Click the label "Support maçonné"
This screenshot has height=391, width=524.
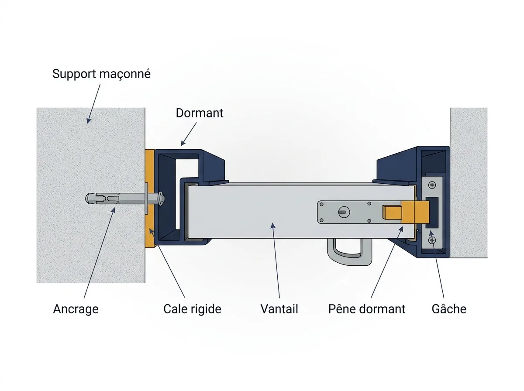click(x=101, y=74)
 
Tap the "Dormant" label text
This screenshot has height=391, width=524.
click(x=200, y=113)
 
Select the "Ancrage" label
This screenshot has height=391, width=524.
click(x=76, y=309)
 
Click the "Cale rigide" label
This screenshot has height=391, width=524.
click(x=193, y=309)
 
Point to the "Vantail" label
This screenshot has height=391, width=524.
click(x=279, y=309)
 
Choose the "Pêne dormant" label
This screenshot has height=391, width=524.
click(x=367, y=309)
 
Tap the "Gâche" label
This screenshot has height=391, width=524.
click(x=449, y=309)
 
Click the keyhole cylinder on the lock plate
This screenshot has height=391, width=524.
click(x=344, y=212)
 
